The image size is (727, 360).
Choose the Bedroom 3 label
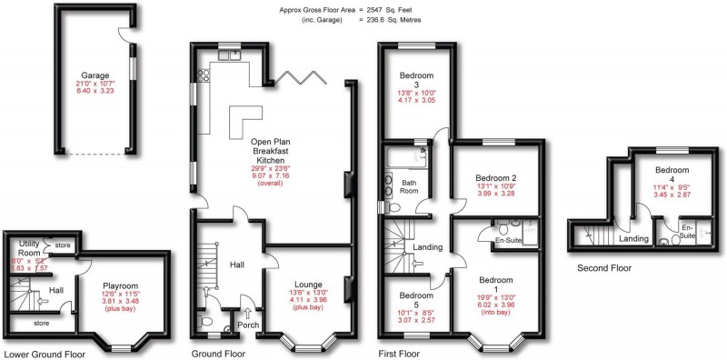(x=414, y=81)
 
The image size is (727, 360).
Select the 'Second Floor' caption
(x=609, y=268)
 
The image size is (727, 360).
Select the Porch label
(x=248, y=325)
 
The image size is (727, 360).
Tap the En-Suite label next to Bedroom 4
(x=688, y=231)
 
